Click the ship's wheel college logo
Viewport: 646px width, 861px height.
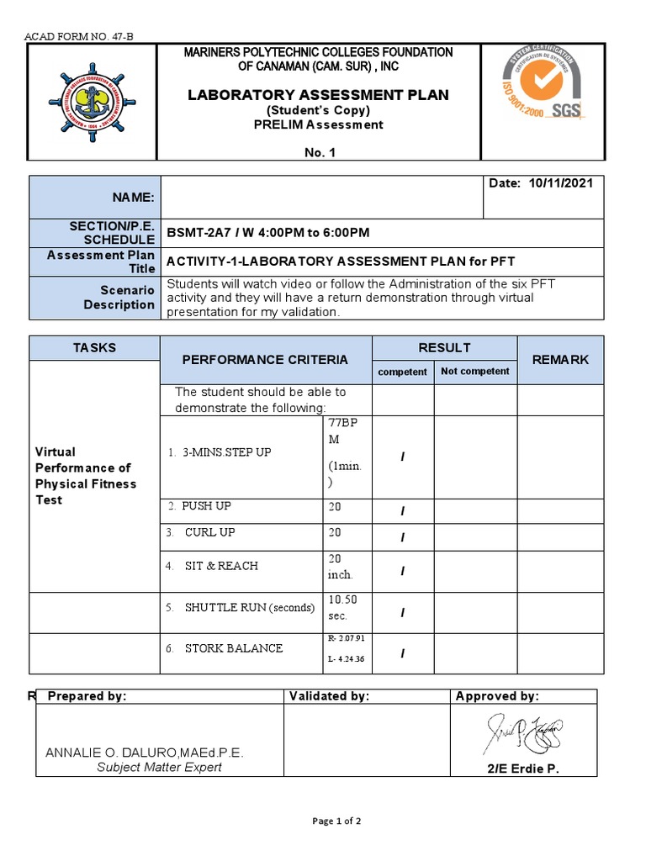93,102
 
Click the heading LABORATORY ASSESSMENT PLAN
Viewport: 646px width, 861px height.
318,95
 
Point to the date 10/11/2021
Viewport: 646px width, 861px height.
563,184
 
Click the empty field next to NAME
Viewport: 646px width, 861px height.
321,197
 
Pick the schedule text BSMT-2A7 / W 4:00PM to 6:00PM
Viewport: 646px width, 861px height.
268,233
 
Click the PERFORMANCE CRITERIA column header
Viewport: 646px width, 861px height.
265,360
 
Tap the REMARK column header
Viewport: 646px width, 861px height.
560,360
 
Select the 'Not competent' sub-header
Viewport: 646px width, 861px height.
474,371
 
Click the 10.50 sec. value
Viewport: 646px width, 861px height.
343,607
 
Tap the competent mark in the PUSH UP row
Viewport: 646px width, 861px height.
402,511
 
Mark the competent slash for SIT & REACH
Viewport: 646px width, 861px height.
402,571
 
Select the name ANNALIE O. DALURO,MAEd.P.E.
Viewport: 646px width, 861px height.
145,753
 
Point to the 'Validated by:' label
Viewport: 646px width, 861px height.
329,696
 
